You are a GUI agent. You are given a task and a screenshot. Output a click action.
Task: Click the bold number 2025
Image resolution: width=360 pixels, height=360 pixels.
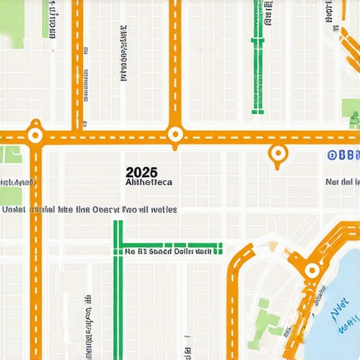[x=141, y=172]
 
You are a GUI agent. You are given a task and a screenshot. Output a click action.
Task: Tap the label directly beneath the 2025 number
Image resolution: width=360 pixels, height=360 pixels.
[x=148, y=181]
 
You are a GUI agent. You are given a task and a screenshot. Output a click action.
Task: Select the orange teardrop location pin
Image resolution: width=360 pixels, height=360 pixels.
[x=278, y=154]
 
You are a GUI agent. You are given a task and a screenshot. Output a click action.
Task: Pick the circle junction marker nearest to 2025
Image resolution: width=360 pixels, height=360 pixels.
[x=175, y=134]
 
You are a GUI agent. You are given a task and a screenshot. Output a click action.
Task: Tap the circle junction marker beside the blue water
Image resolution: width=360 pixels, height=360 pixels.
[x=312, y=269]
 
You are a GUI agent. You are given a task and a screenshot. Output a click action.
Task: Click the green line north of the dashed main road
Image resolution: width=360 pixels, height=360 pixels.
[x=257, y=70]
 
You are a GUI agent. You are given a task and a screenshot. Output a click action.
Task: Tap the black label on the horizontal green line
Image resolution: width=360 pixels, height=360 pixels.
[x=169, y=249]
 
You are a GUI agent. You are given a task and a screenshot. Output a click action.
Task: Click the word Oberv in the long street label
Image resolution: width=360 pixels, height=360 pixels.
[x=106, y=210]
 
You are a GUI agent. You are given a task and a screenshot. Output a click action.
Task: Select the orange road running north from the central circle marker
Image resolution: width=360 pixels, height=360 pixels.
[x=176, y=63]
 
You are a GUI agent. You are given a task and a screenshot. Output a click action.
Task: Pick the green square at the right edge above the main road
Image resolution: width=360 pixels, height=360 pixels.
[x=350, y=108]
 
